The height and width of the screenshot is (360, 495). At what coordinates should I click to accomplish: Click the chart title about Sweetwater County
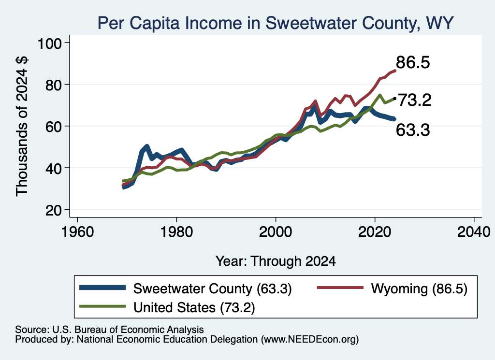[x=275, y=23]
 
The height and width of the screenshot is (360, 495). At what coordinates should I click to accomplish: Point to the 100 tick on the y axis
[x=50, y=43]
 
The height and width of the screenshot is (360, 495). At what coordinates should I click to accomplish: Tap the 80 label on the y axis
[x=53, y=85]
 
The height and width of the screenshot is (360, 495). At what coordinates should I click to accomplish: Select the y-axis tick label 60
[x=53, y=126]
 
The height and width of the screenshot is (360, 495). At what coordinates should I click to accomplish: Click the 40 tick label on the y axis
[x=53, y=168]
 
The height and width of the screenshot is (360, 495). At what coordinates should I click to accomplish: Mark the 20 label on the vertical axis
[x=53, y=210]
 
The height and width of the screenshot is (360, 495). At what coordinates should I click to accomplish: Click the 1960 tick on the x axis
[x=78, y=232]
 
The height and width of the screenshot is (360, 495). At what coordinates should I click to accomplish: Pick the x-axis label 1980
[x=177, y=232]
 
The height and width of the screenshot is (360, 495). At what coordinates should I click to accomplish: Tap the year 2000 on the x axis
[x=276, y=232]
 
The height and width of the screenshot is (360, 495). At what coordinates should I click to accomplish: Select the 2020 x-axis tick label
[x=375, y=232]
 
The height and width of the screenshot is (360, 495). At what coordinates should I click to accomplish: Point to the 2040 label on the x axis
[x=474, y=232]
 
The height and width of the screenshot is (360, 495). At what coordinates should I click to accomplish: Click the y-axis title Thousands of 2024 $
[x=22, y=127]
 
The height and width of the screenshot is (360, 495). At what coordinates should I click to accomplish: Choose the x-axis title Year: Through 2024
[x=276, y=261]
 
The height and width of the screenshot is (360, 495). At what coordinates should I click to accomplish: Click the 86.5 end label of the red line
[x=413, y=62]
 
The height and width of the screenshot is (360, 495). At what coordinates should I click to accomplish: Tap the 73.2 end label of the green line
[x=415, y=101]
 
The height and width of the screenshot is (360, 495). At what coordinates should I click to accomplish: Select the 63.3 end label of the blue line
[x=413, y=130]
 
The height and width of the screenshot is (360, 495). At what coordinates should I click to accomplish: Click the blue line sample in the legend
[x=102, y=288]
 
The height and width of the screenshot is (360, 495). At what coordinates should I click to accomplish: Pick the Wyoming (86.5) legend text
[x=419, y=288]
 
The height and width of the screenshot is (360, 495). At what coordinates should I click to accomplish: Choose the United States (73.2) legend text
[x=194, y=307]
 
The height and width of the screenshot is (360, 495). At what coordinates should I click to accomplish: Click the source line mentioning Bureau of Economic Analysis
[x=109, y=330]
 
